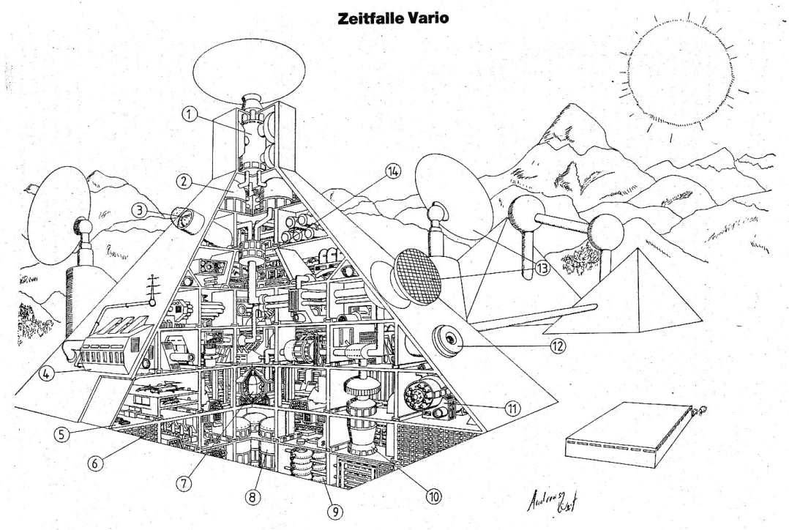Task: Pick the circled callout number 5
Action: pos(63,433)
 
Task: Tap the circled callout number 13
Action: pos(542,269)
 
